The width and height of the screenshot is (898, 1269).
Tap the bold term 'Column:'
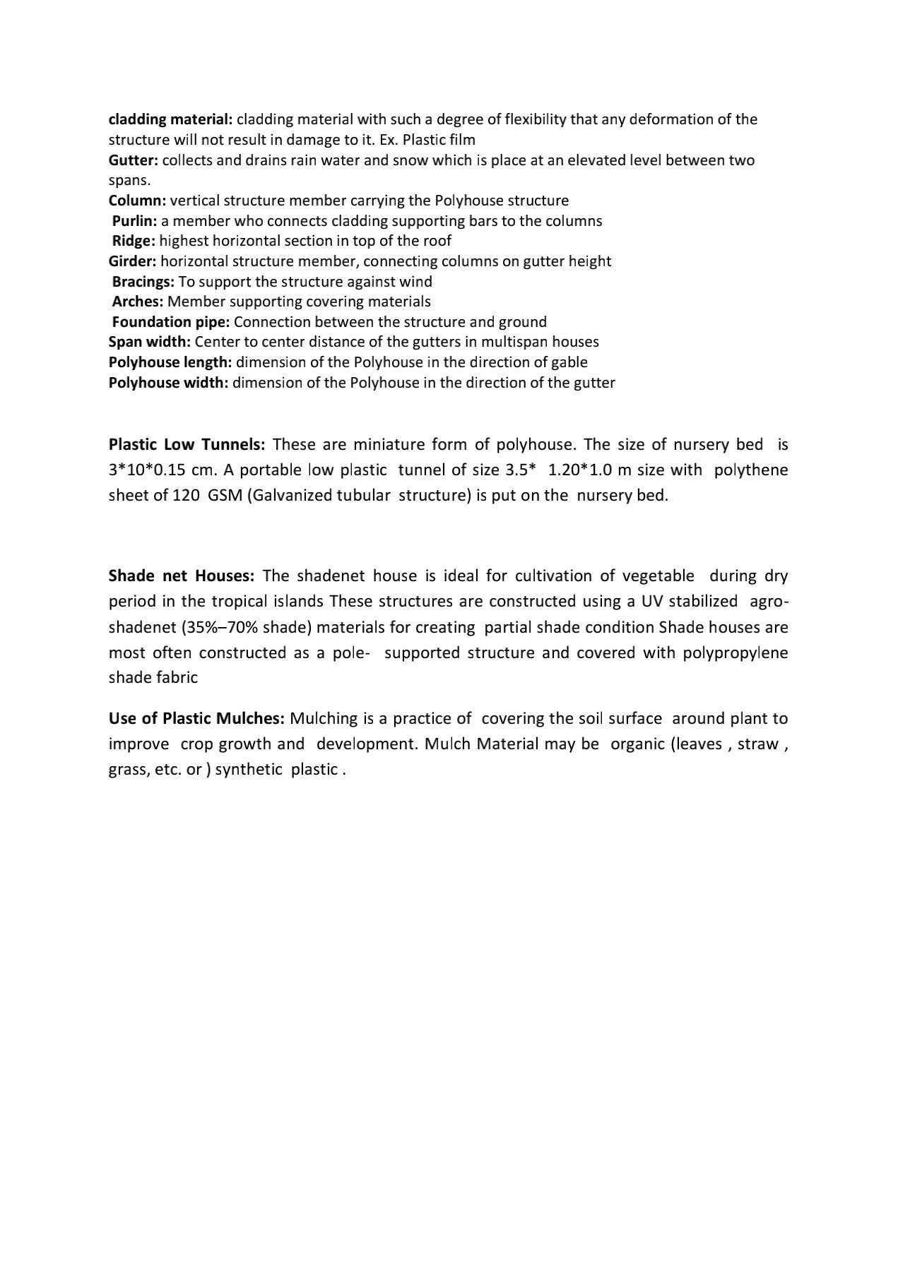137,201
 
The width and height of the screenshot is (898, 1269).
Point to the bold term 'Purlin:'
135,221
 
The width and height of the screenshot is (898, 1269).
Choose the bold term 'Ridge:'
134,241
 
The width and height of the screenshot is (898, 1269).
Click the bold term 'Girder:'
132,261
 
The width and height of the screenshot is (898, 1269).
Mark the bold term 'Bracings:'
143,282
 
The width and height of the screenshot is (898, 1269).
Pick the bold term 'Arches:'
138,302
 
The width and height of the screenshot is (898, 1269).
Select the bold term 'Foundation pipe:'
171,322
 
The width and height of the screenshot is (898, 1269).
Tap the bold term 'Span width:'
149,342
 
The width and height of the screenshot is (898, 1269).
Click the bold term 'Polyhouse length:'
170,362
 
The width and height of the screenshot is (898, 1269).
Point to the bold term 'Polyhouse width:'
168,383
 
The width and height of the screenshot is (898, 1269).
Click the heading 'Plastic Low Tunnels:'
187,445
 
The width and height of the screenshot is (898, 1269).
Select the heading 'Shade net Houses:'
181,576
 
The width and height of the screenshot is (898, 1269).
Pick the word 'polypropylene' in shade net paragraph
735,653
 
